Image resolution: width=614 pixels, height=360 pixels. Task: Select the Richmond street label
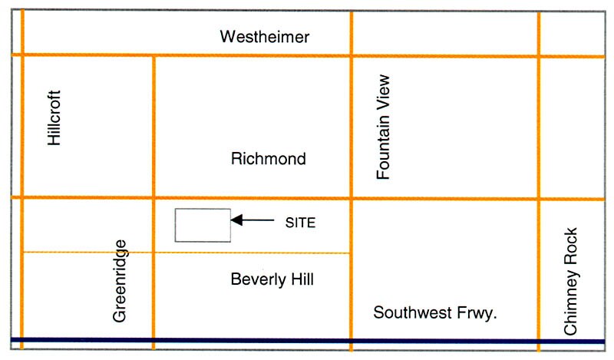(268, 160)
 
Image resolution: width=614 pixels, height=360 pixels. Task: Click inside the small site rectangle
(203, 225)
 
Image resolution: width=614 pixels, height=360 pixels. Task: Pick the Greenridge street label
(119, 281)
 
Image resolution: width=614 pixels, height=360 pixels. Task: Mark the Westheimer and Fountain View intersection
(352, 55)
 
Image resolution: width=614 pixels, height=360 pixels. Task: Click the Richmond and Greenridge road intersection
(153, 197)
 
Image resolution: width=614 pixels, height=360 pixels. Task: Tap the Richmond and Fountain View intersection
(352, 198)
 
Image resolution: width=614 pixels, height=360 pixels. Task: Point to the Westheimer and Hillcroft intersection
(22, 54)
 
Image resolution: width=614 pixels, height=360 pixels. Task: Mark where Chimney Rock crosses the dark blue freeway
(539, 341)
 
